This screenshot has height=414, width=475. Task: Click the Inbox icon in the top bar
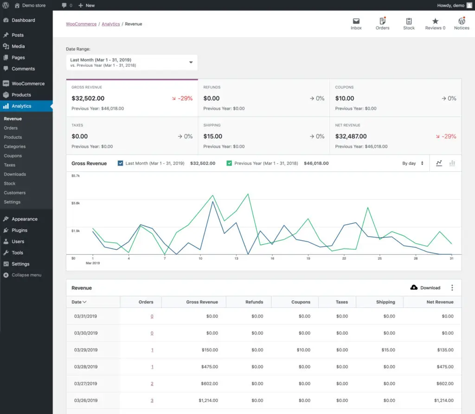click(356, 21)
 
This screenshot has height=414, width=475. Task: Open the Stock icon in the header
click(409, 21)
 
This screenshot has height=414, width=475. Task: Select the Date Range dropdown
click(132, 63)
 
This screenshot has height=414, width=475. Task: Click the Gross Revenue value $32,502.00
click(88, 98)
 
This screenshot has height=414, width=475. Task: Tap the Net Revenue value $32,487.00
click(351, 136)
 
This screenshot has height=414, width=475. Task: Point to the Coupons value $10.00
click(345, 98)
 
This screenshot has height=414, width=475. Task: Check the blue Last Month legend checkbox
click(121, 163)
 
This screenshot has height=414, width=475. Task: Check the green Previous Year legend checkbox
click(229, 163)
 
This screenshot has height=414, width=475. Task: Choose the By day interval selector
click(412, 163)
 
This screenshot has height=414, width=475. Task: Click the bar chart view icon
click(452, 163)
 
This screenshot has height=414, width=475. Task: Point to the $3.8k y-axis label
click(76, 203)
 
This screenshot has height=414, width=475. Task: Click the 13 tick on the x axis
click(236, 258)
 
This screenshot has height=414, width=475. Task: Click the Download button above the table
click(425, 288)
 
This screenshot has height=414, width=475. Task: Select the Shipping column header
click(385, 302)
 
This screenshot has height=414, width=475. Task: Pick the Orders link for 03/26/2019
click(152, 401)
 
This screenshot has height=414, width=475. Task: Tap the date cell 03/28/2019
click(86, 367)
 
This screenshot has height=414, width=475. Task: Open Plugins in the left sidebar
click(19, 230)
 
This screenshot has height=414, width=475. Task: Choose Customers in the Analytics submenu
click(14, 193)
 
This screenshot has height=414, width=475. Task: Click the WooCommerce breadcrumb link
click(81, 24)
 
